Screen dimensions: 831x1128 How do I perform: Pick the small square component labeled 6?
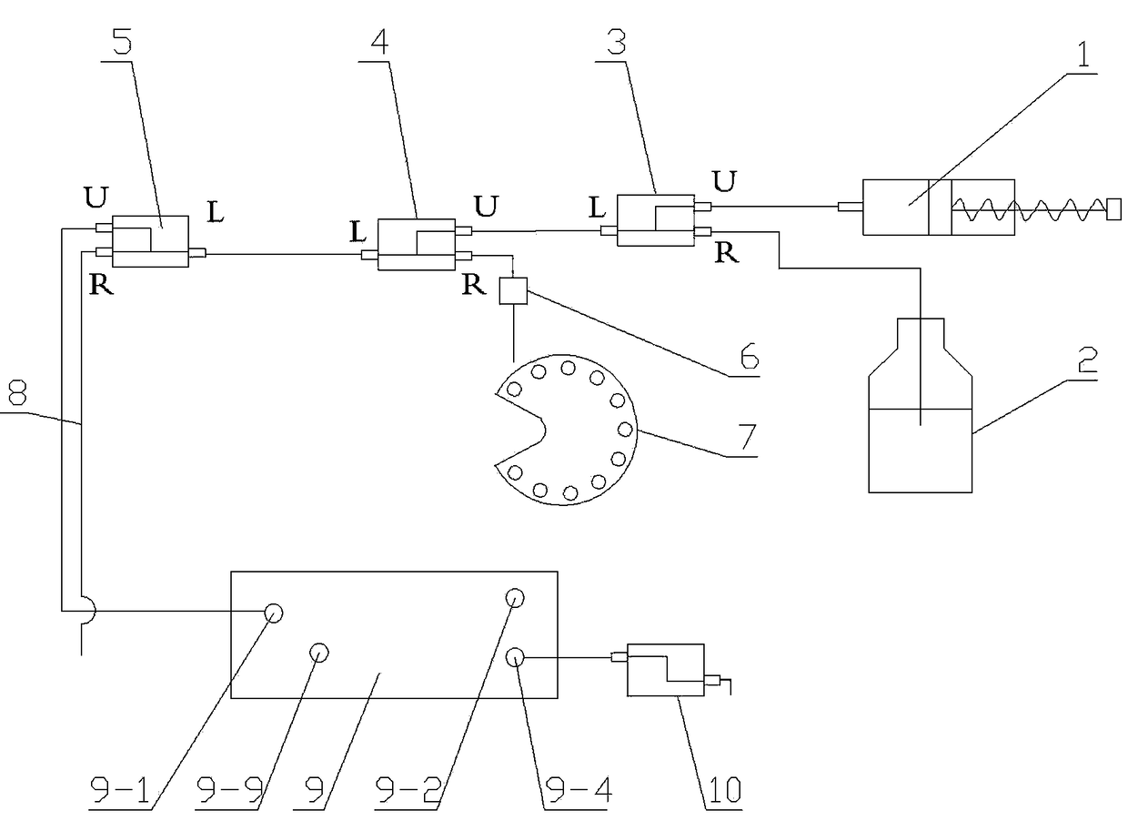[513, 290]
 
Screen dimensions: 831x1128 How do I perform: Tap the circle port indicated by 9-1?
[274, 613]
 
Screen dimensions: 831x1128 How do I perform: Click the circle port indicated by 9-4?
[515, 656]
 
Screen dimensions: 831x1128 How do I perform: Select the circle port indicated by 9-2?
[515, 598]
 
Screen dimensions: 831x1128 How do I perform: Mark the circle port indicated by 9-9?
[318, 652]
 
